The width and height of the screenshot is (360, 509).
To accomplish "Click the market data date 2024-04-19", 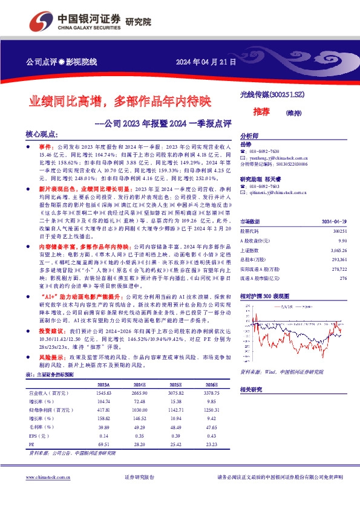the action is [x=333, y=222].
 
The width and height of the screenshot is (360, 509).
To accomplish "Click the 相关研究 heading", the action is [x=250, y=390].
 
